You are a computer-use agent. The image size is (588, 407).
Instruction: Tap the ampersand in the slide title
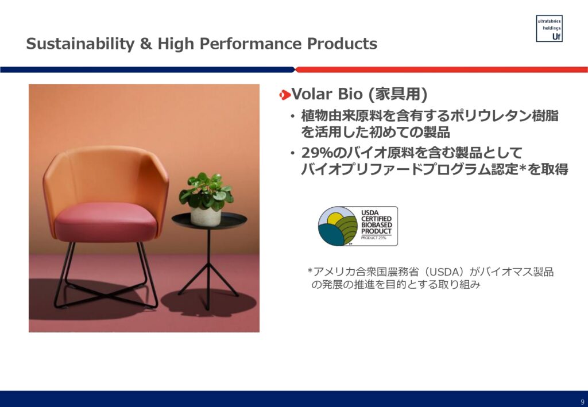pos(146,44)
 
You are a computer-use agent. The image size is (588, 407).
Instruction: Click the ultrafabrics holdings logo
pos(549,29)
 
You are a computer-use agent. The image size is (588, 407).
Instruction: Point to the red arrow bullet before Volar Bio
pos(285,95)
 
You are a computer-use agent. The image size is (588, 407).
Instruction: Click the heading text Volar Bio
pos(327,94)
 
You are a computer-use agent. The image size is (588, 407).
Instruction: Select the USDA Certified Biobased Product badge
pos(358,226)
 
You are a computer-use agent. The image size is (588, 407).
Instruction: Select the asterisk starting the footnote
pos(310,270)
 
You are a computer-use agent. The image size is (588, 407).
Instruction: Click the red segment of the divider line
pos(442,69)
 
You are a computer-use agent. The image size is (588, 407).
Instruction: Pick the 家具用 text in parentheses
pos(398,94)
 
